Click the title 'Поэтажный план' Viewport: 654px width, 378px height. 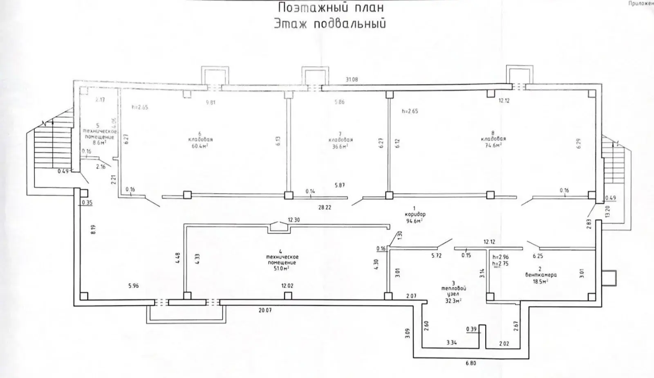coord(331,8)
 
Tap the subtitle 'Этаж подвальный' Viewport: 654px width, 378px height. coord(329,24)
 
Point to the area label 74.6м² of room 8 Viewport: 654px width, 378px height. coord(493,145)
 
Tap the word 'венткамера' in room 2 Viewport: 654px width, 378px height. coord(541,275)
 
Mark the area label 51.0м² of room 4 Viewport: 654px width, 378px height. coord(281,269)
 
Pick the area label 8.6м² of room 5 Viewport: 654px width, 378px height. coord(98,143)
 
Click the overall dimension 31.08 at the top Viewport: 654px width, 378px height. coord(352,79)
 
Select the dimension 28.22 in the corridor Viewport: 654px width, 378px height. coord(325,207)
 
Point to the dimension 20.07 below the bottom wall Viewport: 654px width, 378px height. coord(265,310)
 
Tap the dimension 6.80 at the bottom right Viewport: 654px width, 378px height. coord(470,363)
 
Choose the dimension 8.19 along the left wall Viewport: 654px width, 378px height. coord(93,229)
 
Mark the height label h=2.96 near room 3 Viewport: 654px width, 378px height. coord(500,258)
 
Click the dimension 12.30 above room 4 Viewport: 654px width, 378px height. coord(293,220)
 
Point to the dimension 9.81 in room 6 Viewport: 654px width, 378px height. coord(210,103)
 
